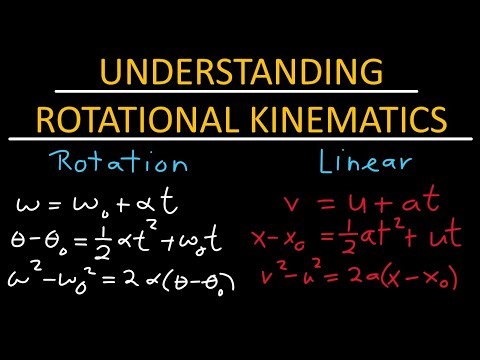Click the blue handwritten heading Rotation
103,164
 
